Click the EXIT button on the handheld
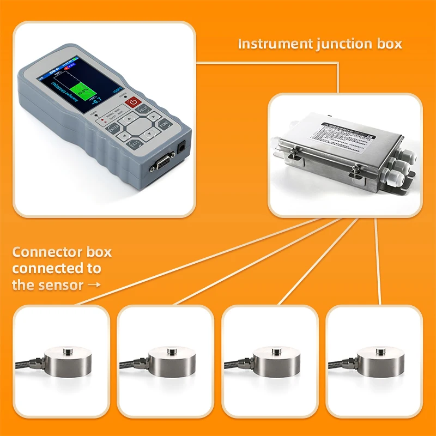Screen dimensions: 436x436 tap(134, 143)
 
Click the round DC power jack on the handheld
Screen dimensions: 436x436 tap(181, 148)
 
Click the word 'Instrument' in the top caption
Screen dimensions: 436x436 tap(275, 44)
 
